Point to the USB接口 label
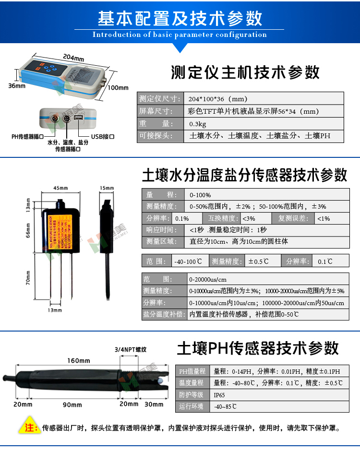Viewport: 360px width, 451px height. pos(102,137)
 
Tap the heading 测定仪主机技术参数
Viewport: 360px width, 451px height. pos(245,72)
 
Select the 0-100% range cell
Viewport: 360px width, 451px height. pos(200,195)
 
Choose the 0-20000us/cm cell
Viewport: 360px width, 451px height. pos(208,279)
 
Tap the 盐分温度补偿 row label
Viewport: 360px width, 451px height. pos(163,315)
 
